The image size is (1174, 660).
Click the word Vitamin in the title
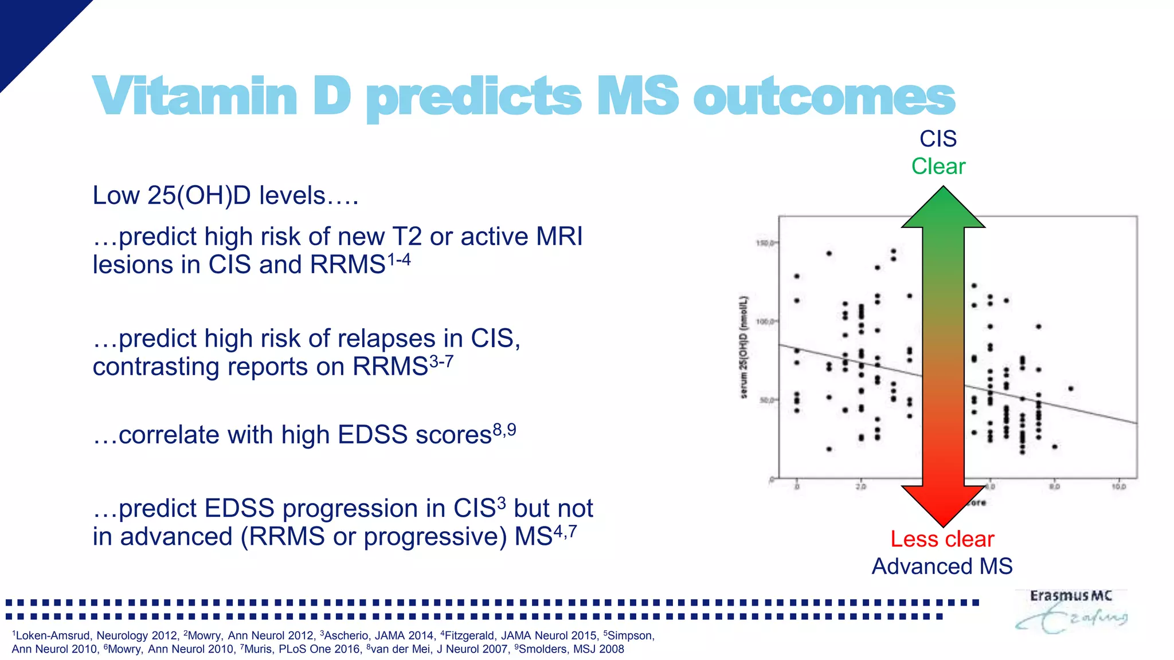194,96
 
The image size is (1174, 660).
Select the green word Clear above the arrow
938,167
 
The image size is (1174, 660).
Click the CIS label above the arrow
938,139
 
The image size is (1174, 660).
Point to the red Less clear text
942,539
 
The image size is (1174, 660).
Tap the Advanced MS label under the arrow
942,567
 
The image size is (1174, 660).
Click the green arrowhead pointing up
943,209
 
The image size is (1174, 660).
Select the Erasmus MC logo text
1070,596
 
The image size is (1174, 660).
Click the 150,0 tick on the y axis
765,243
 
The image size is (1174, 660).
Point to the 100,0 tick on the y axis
765,322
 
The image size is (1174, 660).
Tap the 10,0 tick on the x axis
1119,487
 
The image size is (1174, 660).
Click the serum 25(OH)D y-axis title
743,347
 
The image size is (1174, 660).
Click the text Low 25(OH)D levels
225,196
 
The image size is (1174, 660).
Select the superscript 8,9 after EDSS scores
504,430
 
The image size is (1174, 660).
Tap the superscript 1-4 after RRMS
399,260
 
